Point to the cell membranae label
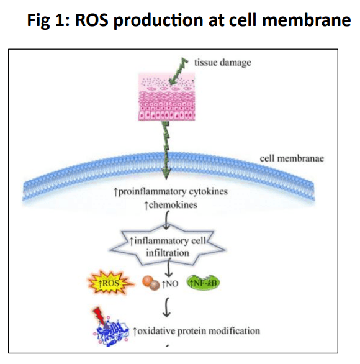tap(289, 158)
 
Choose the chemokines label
tap(172, 204)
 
